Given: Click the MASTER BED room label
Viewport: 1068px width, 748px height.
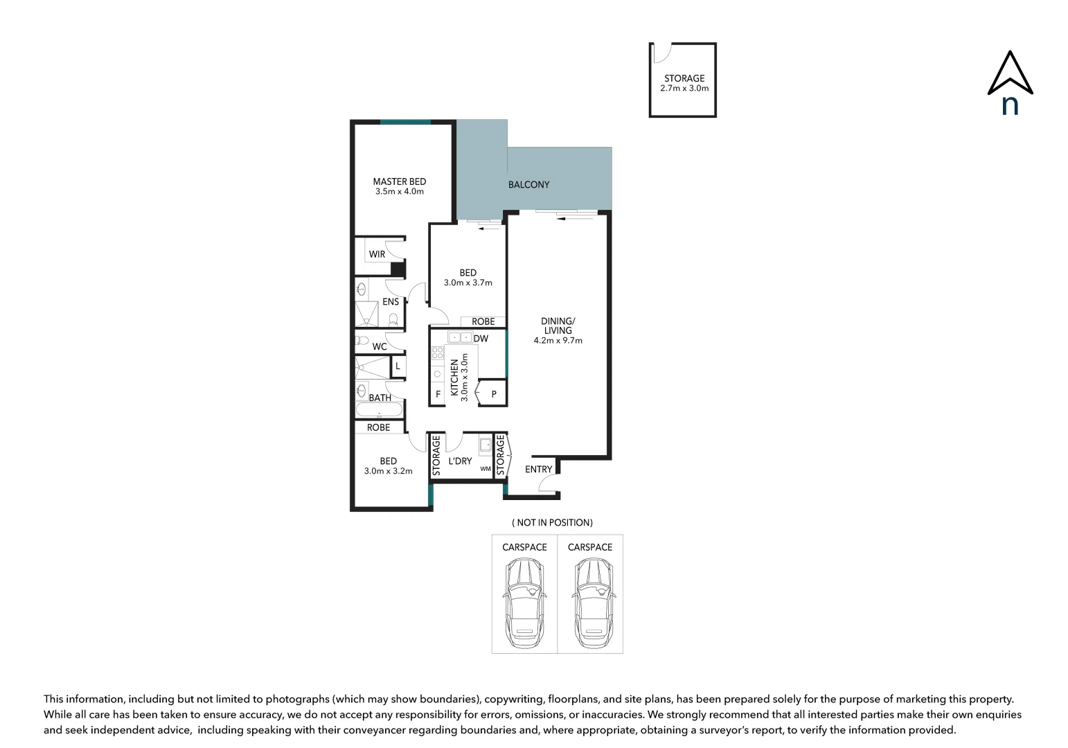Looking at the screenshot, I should pyautogui.click(x=399, y=181).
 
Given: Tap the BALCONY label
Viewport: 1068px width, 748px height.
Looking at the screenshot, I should pyautogui.click(x=528, y=184).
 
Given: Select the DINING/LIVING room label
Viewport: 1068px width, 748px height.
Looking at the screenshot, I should pyautogui.click(x=558, y=326).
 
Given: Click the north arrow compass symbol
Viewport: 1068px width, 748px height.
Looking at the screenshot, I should pyautogui.click(x=1010, y=82).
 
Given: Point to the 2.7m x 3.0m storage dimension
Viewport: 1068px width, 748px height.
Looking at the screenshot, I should pyautogui.click(x=684, y=89).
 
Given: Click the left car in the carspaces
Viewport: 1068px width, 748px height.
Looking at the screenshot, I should pyautogui.click(x=524, y=601).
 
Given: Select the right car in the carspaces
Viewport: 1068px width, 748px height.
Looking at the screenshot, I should pyautogui.click(x=591, y=601).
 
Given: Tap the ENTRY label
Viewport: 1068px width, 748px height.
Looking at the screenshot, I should pyautogui.click(x=538, y=469).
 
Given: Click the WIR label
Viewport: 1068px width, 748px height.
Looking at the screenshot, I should pyautogui.click(x=377, y=254).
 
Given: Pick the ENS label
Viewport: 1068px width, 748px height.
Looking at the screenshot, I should pyautogui.click(x=391, y=302).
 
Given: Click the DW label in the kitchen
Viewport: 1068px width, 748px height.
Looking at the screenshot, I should pyautogui.click(x=481, y=339).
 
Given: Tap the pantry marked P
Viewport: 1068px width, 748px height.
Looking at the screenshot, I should pyautogui.click(x=494, y=394).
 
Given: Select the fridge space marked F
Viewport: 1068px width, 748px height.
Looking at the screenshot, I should pyautogui.click(x=438, y=394).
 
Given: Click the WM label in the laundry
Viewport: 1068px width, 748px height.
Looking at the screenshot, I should pyautogui.click(x=486, y=469).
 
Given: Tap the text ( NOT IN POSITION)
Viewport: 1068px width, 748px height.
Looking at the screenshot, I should pyautogui.click(x=552, y=522).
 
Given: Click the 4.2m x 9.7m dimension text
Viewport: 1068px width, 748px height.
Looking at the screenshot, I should pyautogui.click(x=558, y=340).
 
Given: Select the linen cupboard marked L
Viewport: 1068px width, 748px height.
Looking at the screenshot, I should pyautogui.click(x=398, y=366).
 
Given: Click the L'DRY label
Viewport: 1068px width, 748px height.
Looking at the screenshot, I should pyautogui.click(x=460, y=461).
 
